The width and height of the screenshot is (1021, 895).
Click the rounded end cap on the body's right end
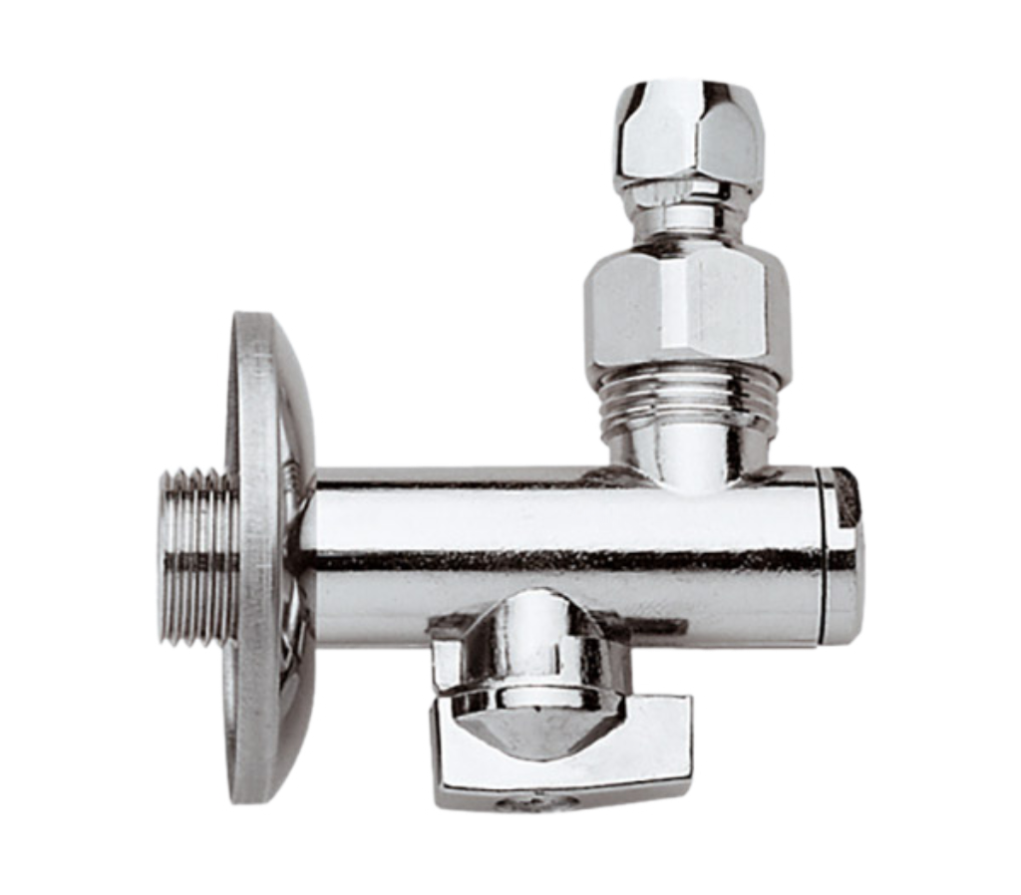844,558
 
